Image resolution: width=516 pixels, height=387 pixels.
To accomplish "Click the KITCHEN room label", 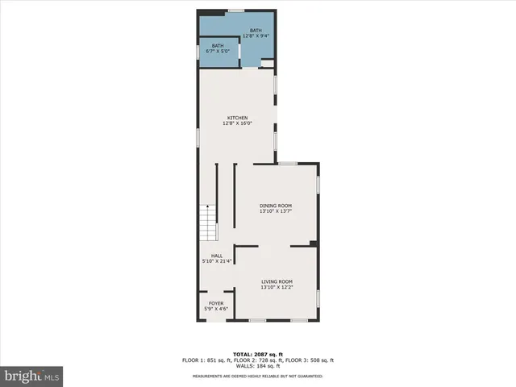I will [x=237, y=118].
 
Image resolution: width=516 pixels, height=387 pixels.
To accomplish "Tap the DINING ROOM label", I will [x=276, y=206].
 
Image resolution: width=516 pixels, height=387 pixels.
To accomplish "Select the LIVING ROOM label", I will [x=276, y=281].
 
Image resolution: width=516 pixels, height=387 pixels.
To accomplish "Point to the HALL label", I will [x=217, y=256].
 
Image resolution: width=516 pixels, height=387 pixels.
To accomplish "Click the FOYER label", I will [x=216, y=304].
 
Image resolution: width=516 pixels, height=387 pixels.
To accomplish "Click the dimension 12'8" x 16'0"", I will [x=237, y=123].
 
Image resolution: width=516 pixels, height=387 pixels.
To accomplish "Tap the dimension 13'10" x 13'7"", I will [x=276, y=211].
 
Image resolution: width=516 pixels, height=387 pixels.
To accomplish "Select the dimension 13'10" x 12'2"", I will [x=276, y=287].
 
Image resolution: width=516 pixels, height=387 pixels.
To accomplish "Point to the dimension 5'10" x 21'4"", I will [x=217, y=261].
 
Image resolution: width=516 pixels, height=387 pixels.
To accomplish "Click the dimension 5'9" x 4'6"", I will [x=216, y=309].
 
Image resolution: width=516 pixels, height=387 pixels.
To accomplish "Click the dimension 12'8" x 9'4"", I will [x=256, y=35].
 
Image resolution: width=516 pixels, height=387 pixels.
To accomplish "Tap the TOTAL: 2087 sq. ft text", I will [x=257, y=354].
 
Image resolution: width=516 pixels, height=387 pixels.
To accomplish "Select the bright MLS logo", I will [x=32, y=376].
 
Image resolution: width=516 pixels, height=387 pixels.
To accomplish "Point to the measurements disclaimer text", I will [x=257, y=376].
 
